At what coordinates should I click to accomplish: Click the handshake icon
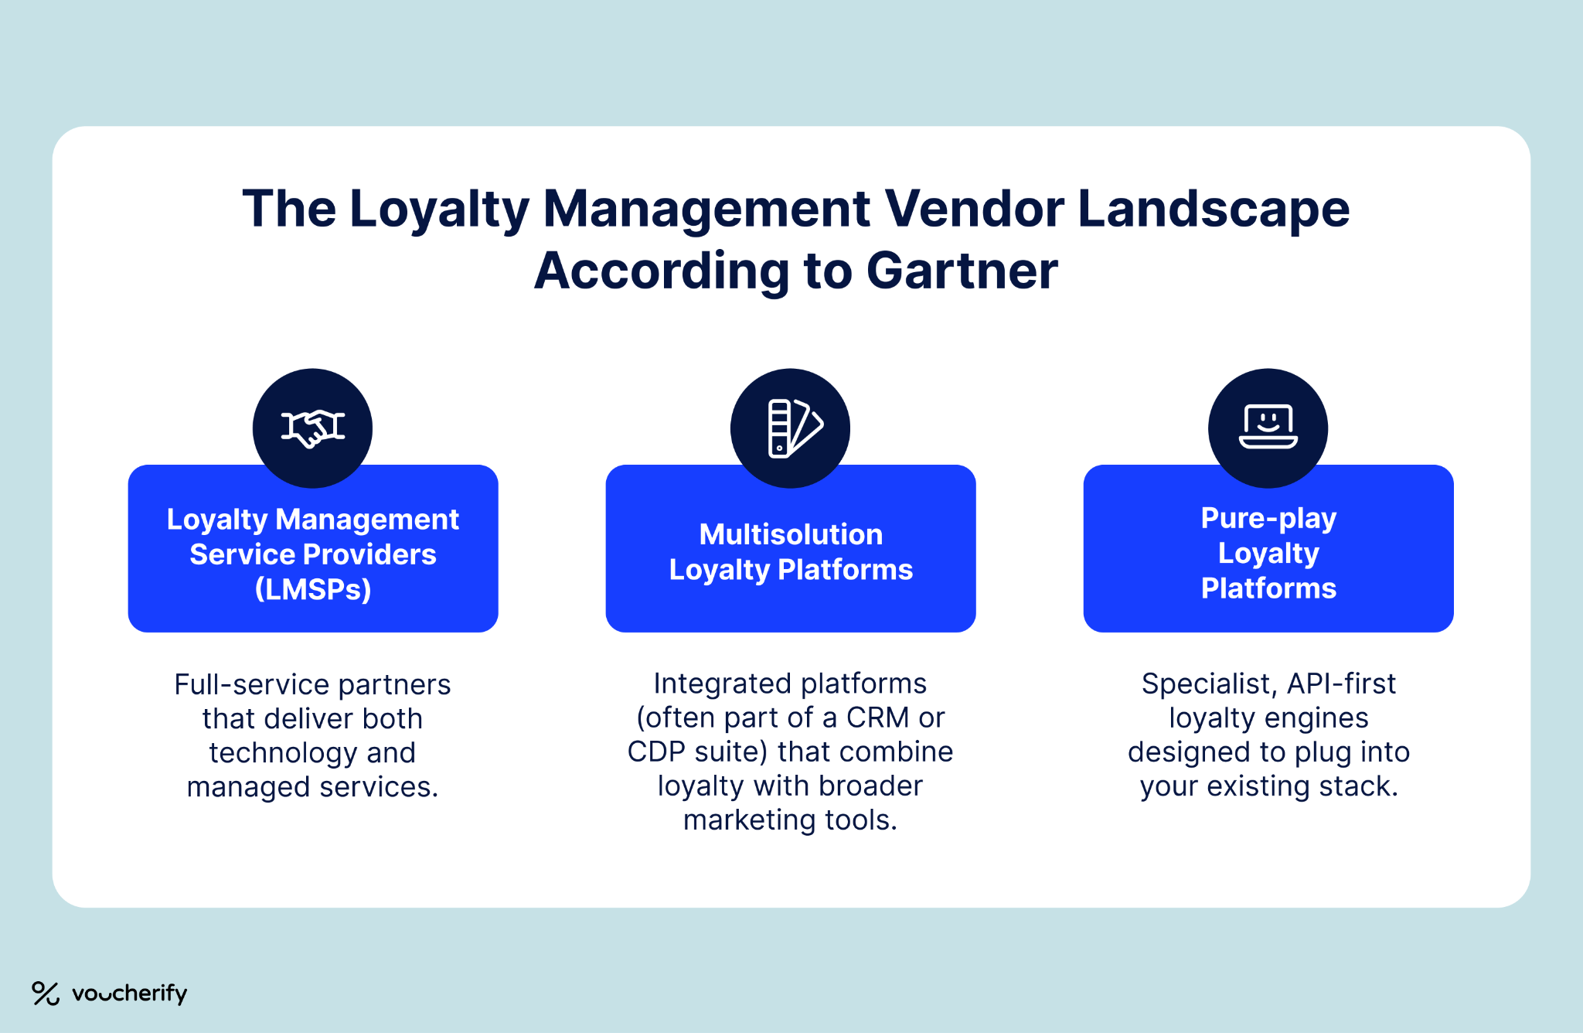click(312, 428)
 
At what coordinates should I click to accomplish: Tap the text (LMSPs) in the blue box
click(313, 589)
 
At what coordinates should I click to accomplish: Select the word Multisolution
click(791, 534)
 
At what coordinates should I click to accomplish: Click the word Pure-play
click(1268, 518)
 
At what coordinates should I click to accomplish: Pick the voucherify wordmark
click(129, 994)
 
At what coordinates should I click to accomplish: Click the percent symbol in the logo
click(46, 994)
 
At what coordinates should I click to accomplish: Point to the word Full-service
click(247, 685)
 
